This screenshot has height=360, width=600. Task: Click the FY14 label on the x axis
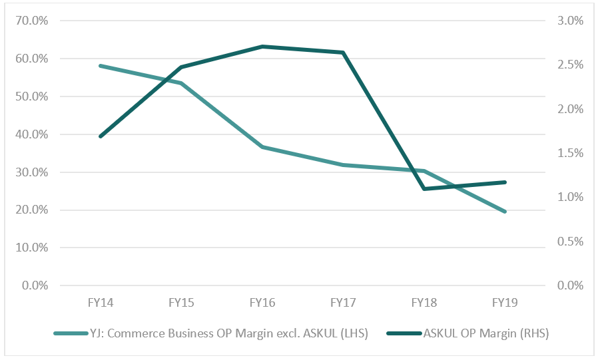(100, 302)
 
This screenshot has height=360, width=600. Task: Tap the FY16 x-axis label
(262, 302)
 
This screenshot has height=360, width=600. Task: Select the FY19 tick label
(505, 302)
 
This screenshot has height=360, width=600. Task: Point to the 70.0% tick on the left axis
(31, 21)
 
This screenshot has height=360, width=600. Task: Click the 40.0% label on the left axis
(31, 134)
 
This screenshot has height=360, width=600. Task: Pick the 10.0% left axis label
(31, 248)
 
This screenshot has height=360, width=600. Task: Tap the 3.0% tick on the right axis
(569, 21)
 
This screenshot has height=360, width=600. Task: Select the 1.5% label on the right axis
(569, 153)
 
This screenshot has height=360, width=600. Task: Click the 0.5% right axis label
(569, 242)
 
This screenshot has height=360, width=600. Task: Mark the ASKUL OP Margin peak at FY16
(262, 47)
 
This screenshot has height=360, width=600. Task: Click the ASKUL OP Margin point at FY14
(100, 136)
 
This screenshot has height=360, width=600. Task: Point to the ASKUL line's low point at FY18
(424, 189)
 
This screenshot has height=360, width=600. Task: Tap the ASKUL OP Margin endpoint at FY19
(505, 182)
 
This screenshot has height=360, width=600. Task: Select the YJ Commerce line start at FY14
(100, 66)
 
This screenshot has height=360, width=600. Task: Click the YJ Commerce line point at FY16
(262, 147)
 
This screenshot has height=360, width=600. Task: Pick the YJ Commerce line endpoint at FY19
(505, 212)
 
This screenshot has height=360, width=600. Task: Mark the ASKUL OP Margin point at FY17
(343, 53)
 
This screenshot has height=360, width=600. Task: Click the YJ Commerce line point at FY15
(181, 83)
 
